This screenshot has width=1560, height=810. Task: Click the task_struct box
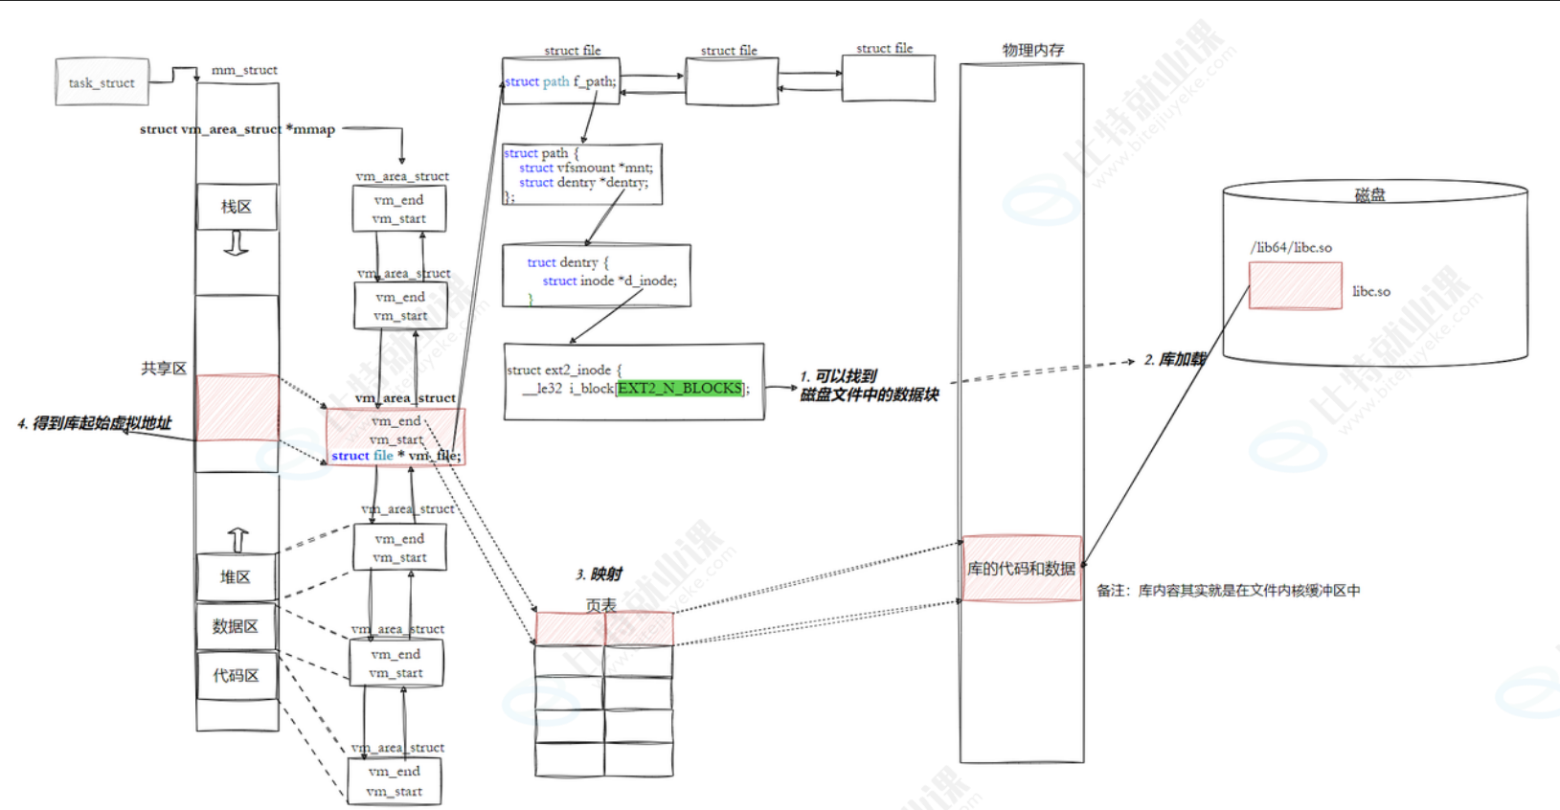click(x=102, y=82)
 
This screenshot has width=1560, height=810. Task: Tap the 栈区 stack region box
click(x=237, y=207)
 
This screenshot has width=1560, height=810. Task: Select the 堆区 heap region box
click(x=236, y=577)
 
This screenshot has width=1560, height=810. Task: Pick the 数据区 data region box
click(x=236, y=626)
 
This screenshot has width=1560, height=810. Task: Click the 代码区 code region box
click(x=236, y=676)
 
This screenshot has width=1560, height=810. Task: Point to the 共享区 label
click(x=164, y=369)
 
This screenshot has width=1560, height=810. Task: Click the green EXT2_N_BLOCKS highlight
click(x=680, y=388)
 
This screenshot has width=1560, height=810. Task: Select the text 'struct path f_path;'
click(x=560, y=81)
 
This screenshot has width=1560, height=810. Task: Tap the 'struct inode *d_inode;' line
click(x=609, y=281)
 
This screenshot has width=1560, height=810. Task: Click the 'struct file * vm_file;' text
click(x=396, y=456)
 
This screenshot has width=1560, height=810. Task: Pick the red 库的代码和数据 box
click(x=1021, y=569)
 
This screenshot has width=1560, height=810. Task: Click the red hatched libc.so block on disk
click(x=1295, y=285)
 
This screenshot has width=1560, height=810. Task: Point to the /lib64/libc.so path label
click(x=1291, y=247)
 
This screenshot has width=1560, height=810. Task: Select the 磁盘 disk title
click(x=1369, y=194)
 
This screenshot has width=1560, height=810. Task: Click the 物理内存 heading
click(x=1032, y=50)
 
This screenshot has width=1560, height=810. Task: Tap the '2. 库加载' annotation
click(x=1175, y=360)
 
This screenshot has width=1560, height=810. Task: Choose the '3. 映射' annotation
click(x=599, y=574)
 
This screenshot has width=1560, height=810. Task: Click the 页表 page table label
click(x=601, y=605)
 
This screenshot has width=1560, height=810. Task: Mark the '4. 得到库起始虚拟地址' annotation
click(x=94, y=423)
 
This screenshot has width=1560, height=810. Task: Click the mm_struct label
click(x=244, y=70)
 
